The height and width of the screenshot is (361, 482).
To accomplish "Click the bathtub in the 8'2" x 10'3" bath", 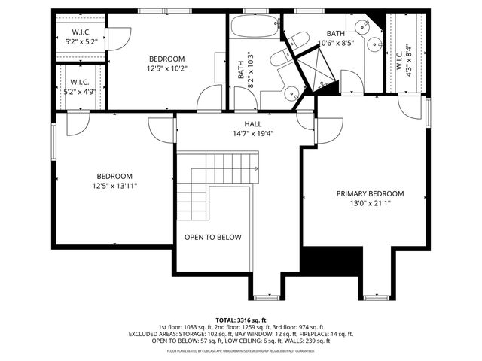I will pos(255,27).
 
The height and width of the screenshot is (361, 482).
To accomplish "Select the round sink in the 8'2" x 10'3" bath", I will pos(291,95).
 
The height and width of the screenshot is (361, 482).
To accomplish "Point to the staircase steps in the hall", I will pos(218,180).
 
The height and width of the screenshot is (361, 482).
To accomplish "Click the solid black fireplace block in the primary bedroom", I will pos(331,262).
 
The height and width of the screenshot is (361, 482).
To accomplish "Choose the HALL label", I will pos(253,124).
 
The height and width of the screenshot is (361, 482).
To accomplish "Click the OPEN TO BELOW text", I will pos(213,238).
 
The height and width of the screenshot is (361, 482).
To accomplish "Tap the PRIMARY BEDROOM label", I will pos(370,193).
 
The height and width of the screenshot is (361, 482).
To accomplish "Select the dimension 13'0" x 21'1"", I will pos(370,203).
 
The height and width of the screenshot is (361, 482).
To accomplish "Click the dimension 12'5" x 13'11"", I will pos(114,186).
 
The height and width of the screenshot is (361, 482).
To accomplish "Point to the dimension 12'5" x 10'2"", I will pos(166,68).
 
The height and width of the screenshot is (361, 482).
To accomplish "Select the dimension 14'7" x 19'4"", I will pos(253,134).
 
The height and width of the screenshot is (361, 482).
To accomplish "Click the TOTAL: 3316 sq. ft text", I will pos(240,320).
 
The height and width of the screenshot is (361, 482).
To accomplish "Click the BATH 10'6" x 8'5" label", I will pos(335,38).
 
